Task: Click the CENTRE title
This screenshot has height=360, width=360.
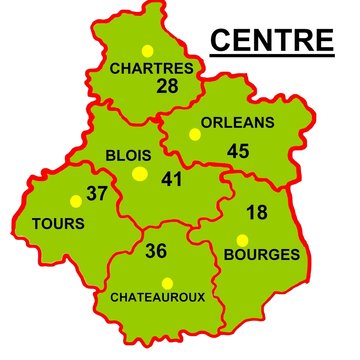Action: point(271,39)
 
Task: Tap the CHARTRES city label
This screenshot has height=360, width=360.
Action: point(151,68)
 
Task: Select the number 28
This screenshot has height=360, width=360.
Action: point(167,86)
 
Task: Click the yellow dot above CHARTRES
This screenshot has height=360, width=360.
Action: point(147,50)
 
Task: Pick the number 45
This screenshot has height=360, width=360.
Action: point(238,151)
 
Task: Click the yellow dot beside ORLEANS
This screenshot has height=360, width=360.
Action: point(192,133)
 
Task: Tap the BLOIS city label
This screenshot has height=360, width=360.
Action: point(127,155)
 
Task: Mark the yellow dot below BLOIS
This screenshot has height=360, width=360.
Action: point(139,174)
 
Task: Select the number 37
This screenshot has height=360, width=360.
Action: point(97,193)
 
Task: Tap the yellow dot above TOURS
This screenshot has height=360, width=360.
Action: point(75,200)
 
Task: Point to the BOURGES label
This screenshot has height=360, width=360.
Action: point(262,255)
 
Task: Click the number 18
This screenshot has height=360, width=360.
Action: point(257,211)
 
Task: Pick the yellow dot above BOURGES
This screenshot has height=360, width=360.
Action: point(242,239)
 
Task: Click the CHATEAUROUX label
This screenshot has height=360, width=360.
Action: point(157,297)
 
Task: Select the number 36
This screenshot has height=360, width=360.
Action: point(155,251)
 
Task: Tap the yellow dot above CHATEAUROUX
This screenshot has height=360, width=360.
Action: point(167,282)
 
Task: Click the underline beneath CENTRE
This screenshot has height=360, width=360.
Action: point(271,54)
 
